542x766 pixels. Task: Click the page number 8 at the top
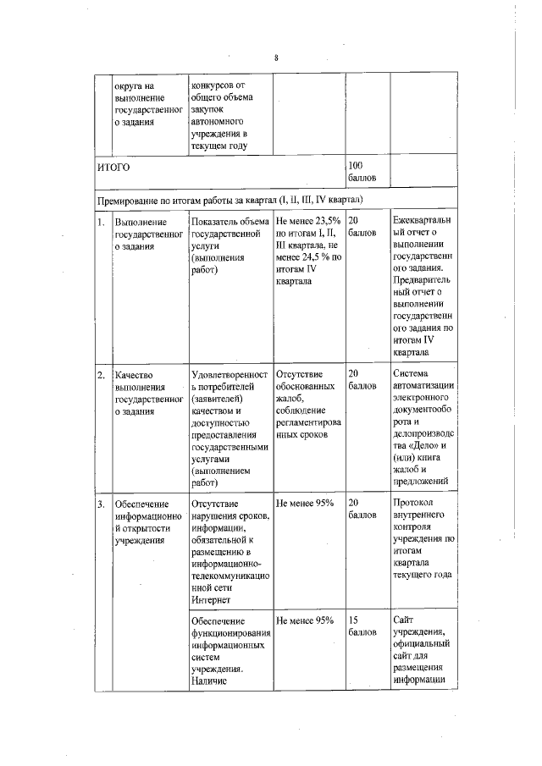[x=276, y=58]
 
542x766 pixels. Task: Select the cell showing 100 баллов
[x=361, y=173]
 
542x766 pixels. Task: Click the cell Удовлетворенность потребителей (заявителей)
[x=230, y=427]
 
